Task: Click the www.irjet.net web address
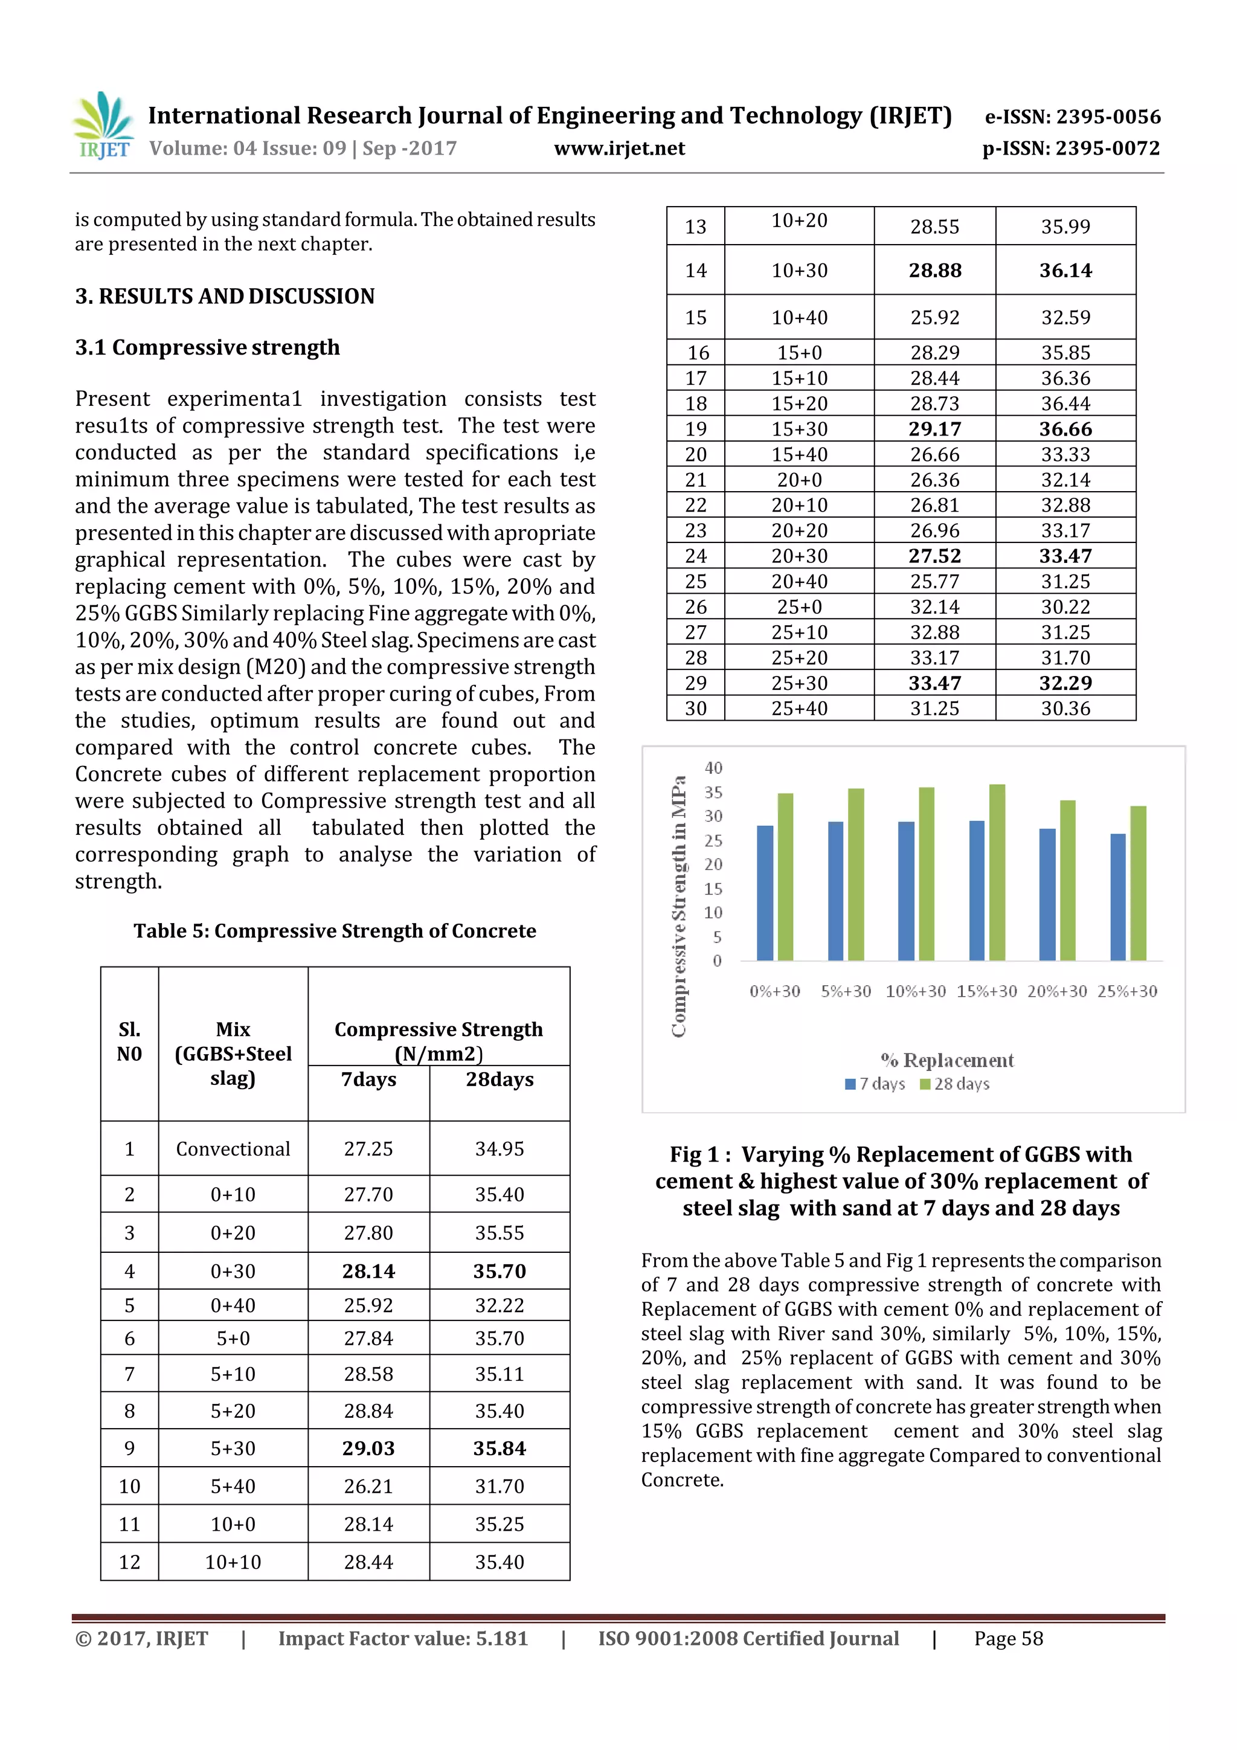click(619, 149)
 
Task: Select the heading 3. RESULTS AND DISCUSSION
click(225, 296)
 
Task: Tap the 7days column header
click(369, 1079)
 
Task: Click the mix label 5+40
click(233, 1486)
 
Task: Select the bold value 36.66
click(1065, 429)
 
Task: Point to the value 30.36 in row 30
click(1065, 708)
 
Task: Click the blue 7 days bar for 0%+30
click(765, 893)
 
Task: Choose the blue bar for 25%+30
click(1117, 897)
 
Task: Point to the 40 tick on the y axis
click(713, 768)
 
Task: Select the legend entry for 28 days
click(954, 1084)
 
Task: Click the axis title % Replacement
click(946, 1060)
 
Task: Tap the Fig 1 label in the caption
click(695, 1155)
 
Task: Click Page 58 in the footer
click(1007, 1639)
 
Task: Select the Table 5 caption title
click(335, 931)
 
